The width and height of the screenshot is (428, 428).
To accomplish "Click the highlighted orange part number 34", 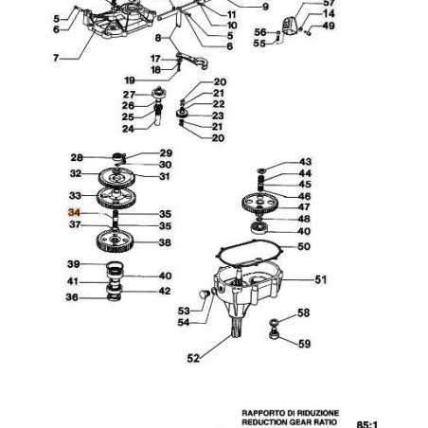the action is coord(74,212).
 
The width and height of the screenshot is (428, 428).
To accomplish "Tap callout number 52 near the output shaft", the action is coord(193,358).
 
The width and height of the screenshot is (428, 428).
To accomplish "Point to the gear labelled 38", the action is coord(115,241).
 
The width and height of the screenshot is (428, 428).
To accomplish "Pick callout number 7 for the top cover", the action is coord(56,58).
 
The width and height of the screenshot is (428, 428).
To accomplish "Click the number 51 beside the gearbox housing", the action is coord(321,279).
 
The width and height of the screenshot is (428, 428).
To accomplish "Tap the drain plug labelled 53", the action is coord(204,294).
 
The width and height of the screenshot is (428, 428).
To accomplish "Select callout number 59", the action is coord(304,344).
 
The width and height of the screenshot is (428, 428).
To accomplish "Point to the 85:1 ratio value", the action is coord(367,424).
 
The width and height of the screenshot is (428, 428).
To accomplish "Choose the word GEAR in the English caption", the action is coord(301,422).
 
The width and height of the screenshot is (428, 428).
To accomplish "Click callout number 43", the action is coord(305,162).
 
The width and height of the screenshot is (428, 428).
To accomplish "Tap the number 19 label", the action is coord(130,80).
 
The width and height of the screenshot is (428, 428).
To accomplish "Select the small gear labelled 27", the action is coord(159,93).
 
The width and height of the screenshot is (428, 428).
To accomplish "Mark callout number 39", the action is coord(73,264).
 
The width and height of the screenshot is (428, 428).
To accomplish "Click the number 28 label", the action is coord(77,157).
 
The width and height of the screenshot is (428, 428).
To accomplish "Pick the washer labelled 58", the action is coord(274,323).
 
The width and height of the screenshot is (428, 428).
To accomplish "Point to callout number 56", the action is coord(260,32).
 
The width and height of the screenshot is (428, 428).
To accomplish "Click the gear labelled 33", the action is coord(116,197).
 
